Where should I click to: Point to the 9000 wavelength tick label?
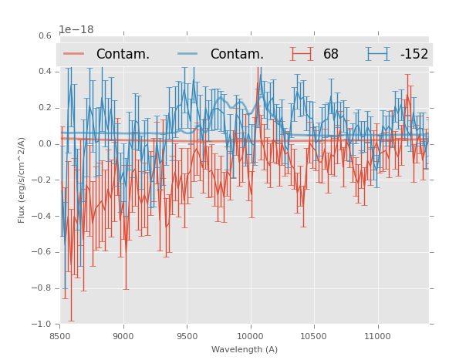point(123,336)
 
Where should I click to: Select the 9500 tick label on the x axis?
point(187,336)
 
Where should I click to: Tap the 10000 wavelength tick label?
point(250,336)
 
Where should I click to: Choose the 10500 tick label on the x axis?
point(313,336)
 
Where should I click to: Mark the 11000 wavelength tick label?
point(377,336)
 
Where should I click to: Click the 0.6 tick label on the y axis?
point(45,35)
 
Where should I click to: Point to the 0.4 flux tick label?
point(45,72)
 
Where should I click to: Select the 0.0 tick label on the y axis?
point(45,144)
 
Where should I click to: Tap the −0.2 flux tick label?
point(42,180)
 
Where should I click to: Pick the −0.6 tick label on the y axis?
point(42,252)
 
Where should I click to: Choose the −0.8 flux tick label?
point(42,288)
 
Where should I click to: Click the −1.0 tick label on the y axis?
point(42,325)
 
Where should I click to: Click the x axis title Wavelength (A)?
point(245,350)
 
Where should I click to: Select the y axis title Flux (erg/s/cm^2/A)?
point(22,180)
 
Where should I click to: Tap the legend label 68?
point(331,55)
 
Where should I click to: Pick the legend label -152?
point(414,55)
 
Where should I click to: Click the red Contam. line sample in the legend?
point(74,54)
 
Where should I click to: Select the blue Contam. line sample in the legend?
point(188,54)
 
